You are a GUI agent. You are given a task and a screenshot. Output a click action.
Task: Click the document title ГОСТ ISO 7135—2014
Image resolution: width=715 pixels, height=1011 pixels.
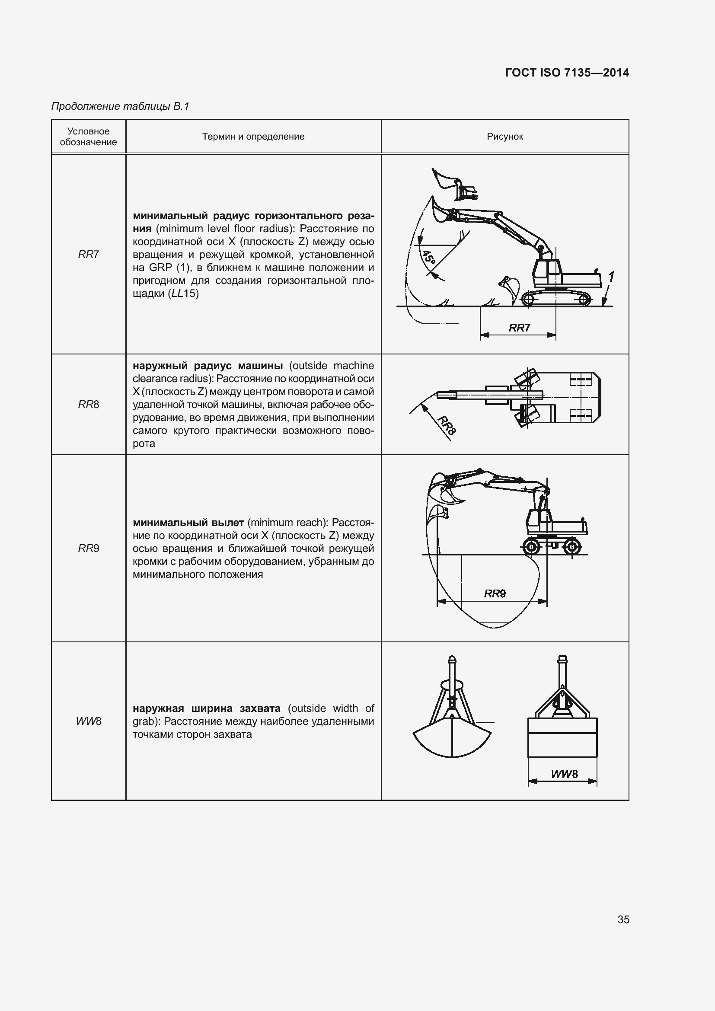click(567, 73)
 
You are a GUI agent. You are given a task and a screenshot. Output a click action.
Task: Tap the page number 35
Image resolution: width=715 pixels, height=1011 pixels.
click(623, 919)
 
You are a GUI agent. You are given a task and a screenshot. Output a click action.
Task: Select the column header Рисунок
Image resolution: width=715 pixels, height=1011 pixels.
click(504, 137)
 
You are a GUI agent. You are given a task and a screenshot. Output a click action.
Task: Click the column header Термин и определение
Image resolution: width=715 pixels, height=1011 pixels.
click(253, 137)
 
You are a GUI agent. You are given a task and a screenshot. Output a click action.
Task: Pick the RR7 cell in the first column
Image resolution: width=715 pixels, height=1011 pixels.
click(89, 255)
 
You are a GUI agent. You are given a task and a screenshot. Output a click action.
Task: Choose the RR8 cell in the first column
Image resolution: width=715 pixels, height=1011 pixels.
click(89, 404)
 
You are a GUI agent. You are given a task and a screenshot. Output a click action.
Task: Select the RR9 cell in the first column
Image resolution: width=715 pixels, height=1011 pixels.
click(89, 548)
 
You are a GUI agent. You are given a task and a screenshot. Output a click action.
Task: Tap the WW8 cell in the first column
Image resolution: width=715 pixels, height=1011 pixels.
click(89, 721)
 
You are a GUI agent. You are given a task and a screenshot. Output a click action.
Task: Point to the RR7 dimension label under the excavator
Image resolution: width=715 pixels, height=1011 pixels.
click(519, 328)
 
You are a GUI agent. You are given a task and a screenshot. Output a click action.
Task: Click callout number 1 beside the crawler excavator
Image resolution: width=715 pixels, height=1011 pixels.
click(611, 277)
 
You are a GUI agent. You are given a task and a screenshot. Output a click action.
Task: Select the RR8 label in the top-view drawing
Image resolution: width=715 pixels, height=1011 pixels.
click(447, 425)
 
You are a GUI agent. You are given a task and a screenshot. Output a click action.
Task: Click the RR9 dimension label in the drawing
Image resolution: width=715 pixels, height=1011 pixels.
click(495, 593)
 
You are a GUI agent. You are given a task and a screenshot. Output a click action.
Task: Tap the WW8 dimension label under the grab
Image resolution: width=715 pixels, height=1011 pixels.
click(564, 774)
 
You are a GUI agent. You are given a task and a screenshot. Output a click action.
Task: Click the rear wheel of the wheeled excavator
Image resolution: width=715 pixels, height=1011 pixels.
click(571, 547)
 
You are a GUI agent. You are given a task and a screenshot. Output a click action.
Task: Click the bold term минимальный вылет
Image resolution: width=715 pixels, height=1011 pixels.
click(188, 523)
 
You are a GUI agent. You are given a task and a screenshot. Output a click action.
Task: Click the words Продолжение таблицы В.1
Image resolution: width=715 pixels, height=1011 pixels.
click(120, 106)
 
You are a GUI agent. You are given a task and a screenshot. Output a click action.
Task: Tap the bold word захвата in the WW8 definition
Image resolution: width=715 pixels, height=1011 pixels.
click(260, 708)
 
